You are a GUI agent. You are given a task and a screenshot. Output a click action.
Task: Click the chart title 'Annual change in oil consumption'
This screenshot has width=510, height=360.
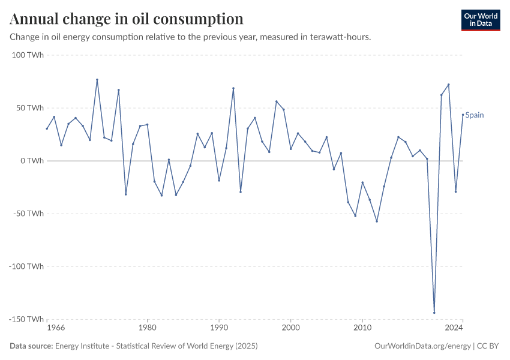(127, 19)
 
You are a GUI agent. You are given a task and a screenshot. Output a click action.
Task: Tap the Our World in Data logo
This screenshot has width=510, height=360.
(480, 20)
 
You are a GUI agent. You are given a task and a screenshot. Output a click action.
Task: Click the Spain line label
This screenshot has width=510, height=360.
(475, 115)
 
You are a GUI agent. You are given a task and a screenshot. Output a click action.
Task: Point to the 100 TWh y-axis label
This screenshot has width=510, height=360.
(28, 55)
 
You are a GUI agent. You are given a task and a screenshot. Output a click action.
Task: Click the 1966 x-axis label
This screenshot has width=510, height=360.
(56, 328)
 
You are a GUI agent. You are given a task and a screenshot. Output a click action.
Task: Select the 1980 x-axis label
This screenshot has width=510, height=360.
(147, 328)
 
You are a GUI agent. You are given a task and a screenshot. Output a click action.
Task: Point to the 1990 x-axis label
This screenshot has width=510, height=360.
(219, 328)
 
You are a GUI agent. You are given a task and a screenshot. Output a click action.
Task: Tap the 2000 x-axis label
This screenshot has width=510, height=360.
(290, 328)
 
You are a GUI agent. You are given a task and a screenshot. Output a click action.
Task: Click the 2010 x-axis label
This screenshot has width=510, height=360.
(362, 328)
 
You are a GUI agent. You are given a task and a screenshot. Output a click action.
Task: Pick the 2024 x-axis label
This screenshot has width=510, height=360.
(454, 328)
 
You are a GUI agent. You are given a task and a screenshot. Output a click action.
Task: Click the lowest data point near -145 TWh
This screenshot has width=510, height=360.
(434, 313)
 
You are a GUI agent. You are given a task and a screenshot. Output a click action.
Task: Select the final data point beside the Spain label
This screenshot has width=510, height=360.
(463, 115)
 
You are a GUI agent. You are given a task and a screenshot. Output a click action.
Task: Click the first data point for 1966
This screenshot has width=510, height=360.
(47, 128)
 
